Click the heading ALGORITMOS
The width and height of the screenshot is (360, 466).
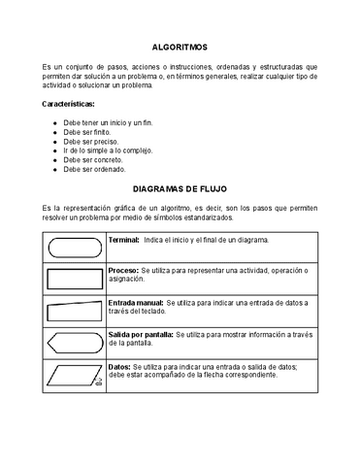tap(180, 46)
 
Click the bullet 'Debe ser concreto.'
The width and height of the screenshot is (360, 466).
tap(95, 160)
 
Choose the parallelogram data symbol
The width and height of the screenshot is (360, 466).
tap(75, 375)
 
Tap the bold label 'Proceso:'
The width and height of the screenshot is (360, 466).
tap(123, 270)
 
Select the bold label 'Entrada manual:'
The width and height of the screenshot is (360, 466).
tap(136, 303)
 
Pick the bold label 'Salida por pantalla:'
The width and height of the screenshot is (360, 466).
tap(141, 334)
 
